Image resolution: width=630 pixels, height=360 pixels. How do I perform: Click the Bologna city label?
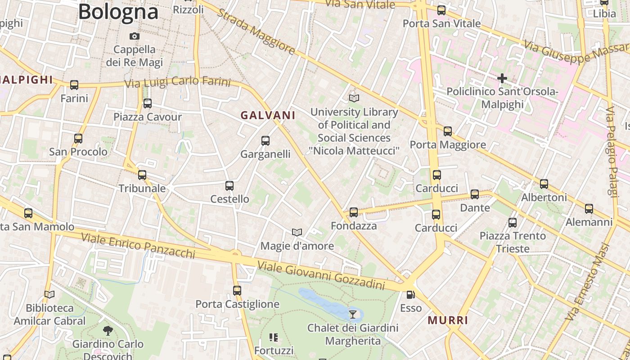118,12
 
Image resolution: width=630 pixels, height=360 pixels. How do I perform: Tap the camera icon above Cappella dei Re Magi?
134,36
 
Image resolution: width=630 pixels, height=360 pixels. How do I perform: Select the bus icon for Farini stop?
74,85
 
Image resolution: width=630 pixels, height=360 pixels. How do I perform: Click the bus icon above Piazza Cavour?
148,103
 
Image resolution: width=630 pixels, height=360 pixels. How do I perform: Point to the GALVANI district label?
268,115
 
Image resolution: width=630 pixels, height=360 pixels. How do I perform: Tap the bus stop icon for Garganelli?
265,141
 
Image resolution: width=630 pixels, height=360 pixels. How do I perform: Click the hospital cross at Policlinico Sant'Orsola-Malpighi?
502,78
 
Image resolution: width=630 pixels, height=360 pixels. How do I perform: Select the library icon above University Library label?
354,98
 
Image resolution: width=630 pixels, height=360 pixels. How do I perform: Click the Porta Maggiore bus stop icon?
447,131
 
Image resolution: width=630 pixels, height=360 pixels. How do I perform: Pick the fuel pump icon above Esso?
410,295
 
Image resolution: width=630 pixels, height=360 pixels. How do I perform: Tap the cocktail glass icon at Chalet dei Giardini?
353,314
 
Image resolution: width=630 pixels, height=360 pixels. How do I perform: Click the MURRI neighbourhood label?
448,320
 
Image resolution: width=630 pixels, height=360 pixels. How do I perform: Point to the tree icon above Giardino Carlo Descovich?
108,331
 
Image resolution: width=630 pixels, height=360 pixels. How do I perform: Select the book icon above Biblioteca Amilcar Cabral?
49,295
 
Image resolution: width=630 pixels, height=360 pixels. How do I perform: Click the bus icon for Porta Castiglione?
237,291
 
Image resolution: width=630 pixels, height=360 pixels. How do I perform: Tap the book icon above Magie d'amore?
297,232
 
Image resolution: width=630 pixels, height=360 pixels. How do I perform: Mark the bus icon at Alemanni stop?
589,209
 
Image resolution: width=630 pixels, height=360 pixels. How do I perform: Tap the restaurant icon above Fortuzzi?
274,337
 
